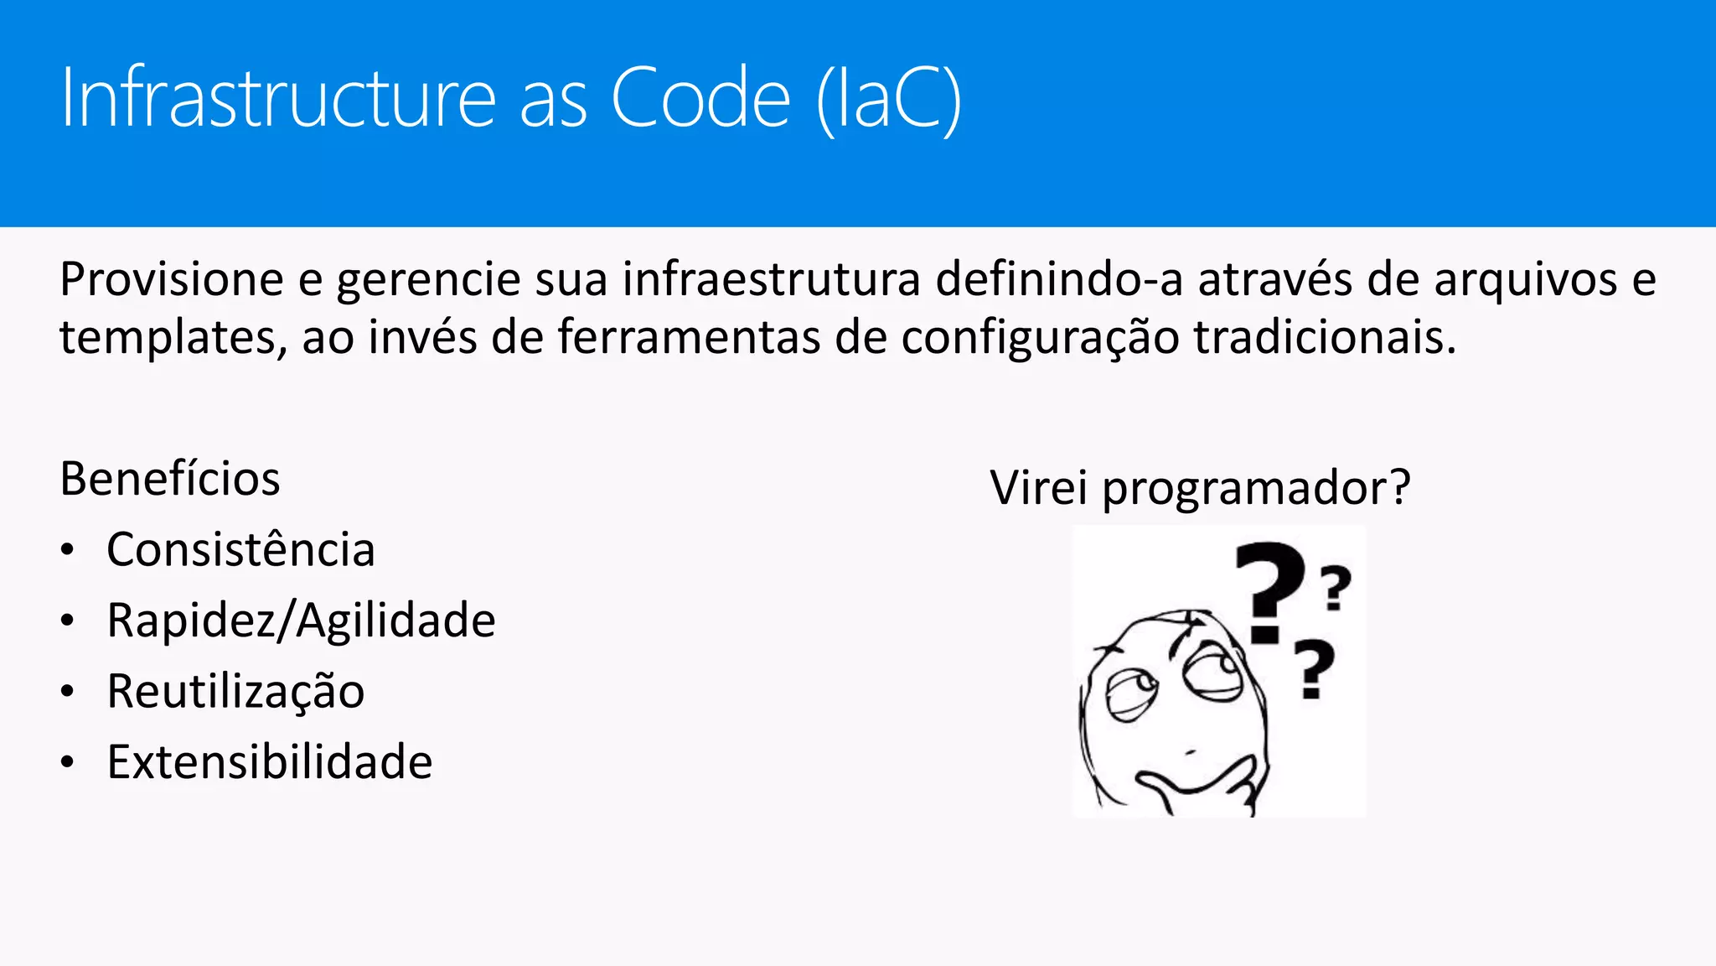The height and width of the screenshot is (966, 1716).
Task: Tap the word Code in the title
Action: [x=700, y=98]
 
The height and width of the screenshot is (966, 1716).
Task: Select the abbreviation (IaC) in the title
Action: [x=889, y=100]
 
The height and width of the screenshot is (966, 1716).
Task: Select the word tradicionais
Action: [x=1324, y=338]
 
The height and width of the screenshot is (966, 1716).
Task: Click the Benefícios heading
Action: [x=170, y=479]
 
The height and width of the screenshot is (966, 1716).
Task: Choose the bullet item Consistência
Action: [x=240, y=550]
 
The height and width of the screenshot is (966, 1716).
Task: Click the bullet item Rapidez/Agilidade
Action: [x=301, y=621]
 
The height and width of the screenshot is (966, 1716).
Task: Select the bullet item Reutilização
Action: [x=235, y=692]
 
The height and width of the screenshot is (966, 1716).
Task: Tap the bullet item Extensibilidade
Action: [x=269, y=762]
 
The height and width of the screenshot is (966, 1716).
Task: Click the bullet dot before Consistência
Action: [x=68, y=551]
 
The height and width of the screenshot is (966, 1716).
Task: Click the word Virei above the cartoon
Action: [x=1039, y=487]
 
